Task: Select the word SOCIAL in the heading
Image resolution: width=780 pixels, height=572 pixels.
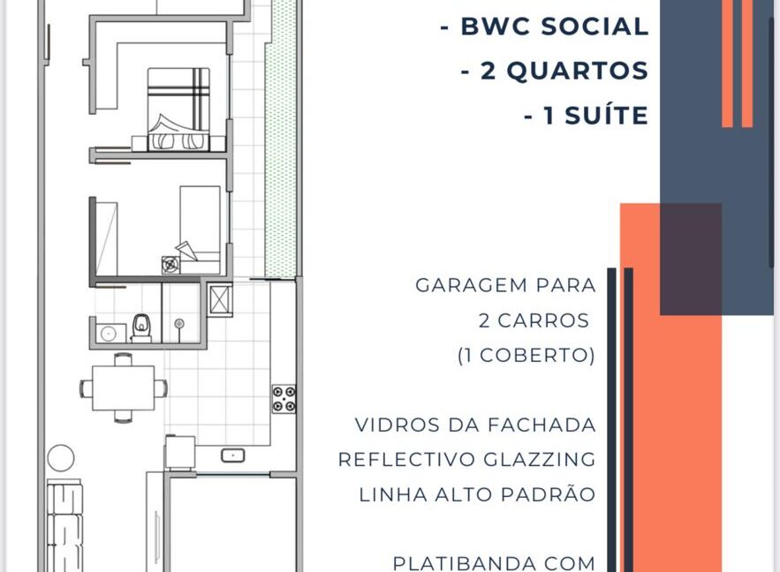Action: coord(595,26)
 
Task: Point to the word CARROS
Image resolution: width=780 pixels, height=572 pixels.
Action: coord(543,321)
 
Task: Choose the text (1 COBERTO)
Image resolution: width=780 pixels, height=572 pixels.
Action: coord(526,356)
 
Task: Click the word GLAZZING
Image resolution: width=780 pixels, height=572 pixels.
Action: coord(540,460)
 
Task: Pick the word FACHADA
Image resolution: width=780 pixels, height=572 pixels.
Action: coord(541,425)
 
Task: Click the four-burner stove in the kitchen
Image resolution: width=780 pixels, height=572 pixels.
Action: coord(284,399)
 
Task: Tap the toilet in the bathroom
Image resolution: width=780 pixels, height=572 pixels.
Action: coord(141,328)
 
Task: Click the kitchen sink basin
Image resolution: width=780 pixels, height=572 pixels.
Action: coord(233,455)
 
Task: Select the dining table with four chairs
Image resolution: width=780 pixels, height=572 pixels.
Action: coord(124,388)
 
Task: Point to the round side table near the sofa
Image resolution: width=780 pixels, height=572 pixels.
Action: coord(61,458)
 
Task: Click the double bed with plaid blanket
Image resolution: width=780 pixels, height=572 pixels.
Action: coord(178,109)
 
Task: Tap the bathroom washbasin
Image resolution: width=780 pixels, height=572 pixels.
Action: coord(109,333)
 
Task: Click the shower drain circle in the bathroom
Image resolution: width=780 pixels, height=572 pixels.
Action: coord(179,324)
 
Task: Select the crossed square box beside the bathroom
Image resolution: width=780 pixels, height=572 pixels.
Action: coord(220,299)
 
